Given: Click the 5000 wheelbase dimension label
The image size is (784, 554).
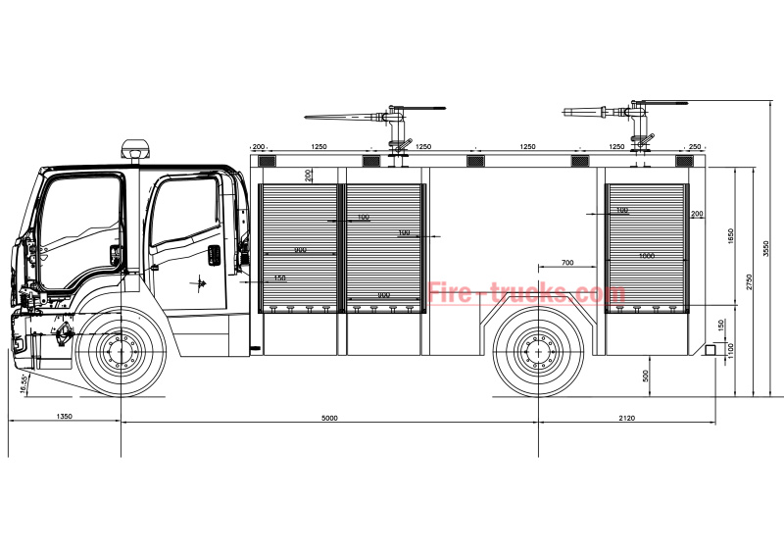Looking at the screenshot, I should point(329,418).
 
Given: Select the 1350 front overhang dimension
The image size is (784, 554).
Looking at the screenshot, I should point(64,418).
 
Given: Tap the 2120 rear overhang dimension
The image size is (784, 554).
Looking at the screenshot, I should point(626,418).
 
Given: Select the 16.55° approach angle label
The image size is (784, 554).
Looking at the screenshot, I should point(23,383).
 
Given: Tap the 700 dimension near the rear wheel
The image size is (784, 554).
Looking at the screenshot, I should point(567,264).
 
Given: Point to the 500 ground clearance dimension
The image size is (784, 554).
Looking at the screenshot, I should point(645,376).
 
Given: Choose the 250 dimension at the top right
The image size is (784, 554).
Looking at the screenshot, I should point(695,147).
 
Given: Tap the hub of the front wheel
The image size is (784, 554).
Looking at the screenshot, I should point(121,350).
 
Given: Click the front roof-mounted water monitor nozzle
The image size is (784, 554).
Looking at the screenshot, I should point(343,118).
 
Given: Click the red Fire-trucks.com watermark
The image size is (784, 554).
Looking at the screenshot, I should point(526,293).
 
